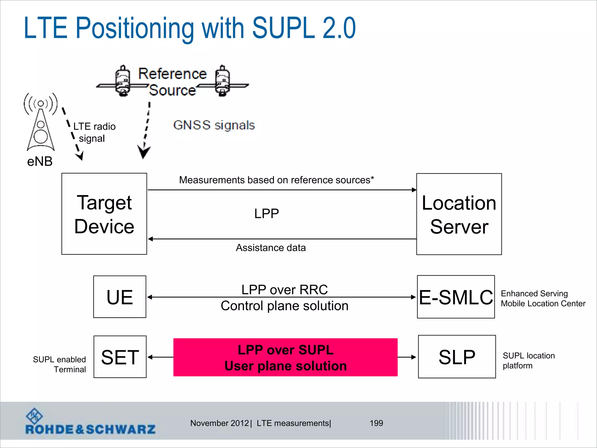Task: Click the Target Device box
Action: click(104, 214)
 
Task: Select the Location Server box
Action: click(459, 214)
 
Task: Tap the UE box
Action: click(120, 297)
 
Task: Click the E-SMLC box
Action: click(456, 297)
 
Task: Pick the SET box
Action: click(120, 357)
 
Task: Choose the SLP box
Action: click(456, 357)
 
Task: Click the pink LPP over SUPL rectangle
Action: click(285, 357)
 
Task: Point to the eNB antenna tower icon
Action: click(41, 123)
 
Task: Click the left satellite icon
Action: click(123, 81)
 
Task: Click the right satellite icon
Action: click(222, 81)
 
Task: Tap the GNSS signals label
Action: click(214, 125)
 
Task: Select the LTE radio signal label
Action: click(94, 132)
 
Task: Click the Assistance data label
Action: click(271, 248)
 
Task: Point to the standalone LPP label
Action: click(266, 213)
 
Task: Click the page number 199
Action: click(376, 423)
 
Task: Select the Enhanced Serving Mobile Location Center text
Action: click(543, 298)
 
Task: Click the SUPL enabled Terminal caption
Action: click(59, 364)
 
